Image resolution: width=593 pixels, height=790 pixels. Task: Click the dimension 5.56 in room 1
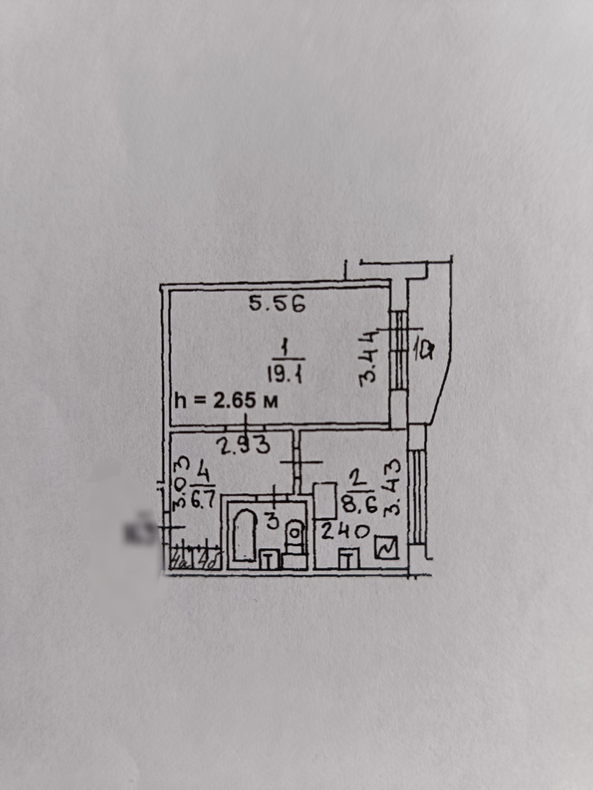pyautogui.click(x=277, y=305)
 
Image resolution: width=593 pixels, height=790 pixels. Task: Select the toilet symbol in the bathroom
pyautogui.click(x=295, y=533)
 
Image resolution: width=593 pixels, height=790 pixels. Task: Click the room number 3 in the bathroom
pyautogui.click(x=272, y=522)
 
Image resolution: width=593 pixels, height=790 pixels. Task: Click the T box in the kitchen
pyautogui.click(x=347, y=559)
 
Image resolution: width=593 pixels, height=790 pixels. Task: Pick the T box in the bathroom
pyautogui.click(x=269, y=559)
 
